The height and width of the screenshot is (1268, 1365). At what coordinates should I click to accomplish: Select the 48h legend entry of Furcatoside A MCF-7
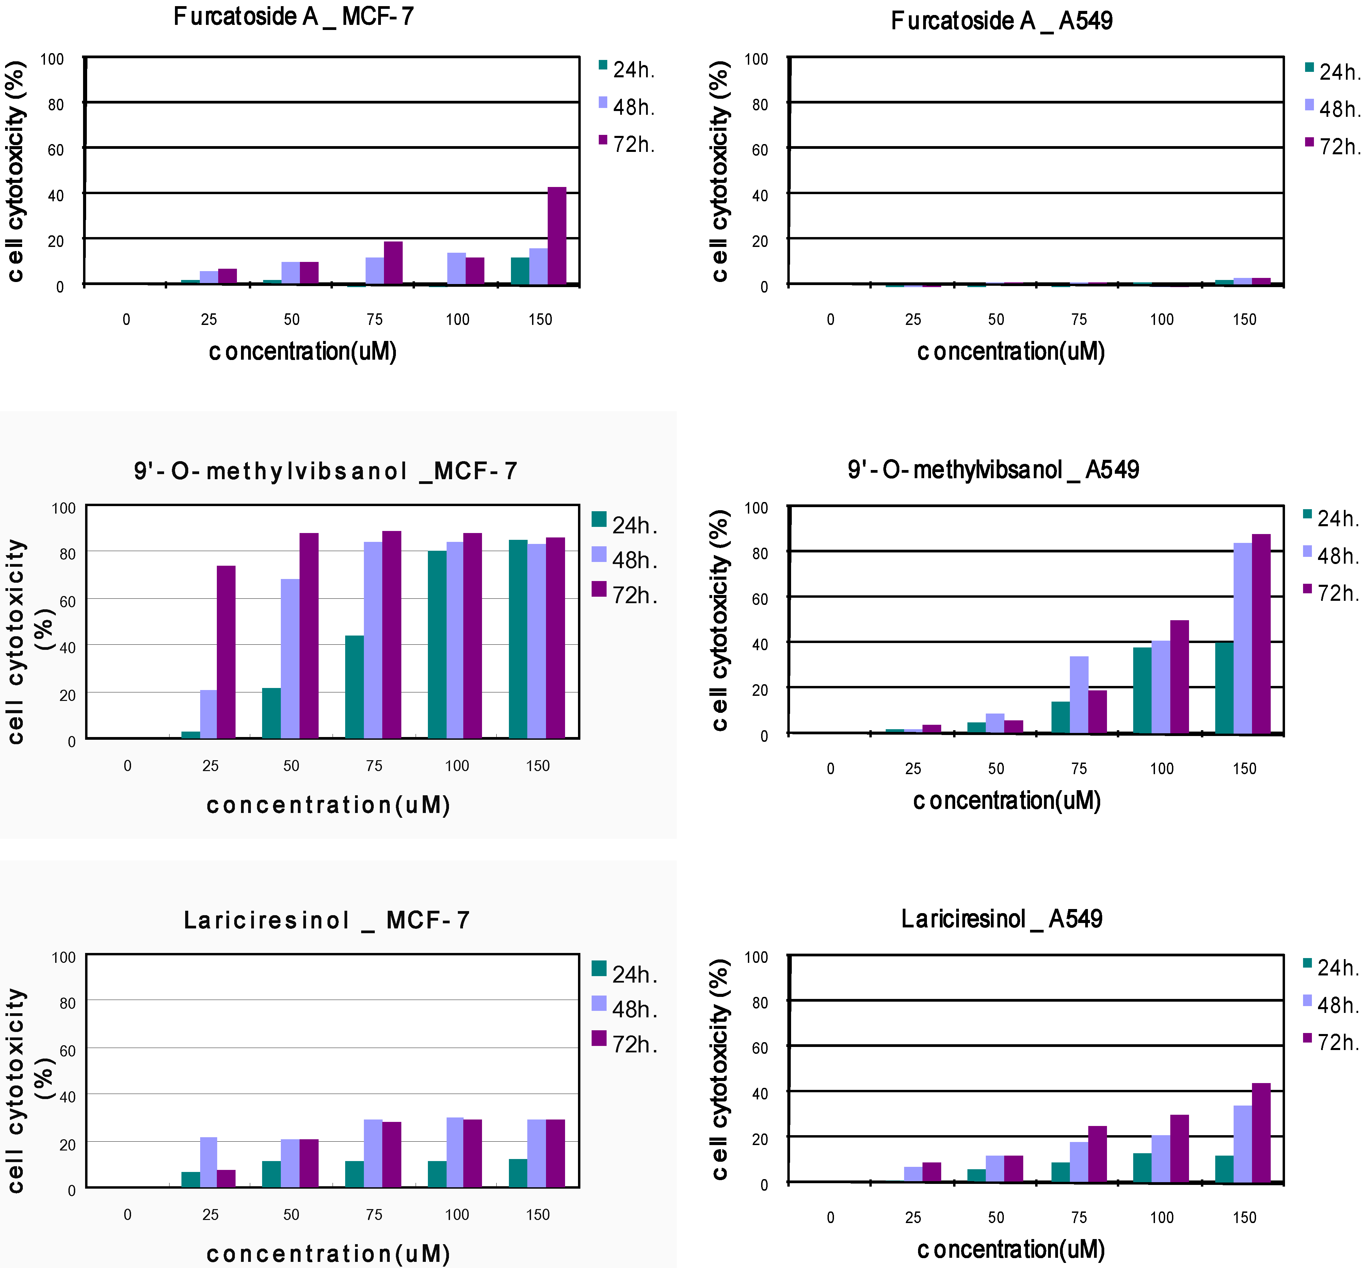pyautogui.click(x=626, y=107)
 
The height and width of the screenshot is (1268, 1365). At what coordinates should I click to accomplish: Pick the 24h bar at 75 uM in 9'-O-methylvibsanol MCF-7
pyautogui.click(x=354, y=687)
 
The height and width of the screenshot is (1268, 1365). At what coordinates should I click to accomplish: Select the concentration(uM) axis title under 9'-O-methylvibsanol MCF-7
pyautogui.click(x=328, y=805)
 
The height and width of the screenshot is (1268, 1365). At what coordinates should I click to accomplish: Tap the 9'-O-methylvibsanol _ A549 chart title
pyautogui.click(x=993, y=470)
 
